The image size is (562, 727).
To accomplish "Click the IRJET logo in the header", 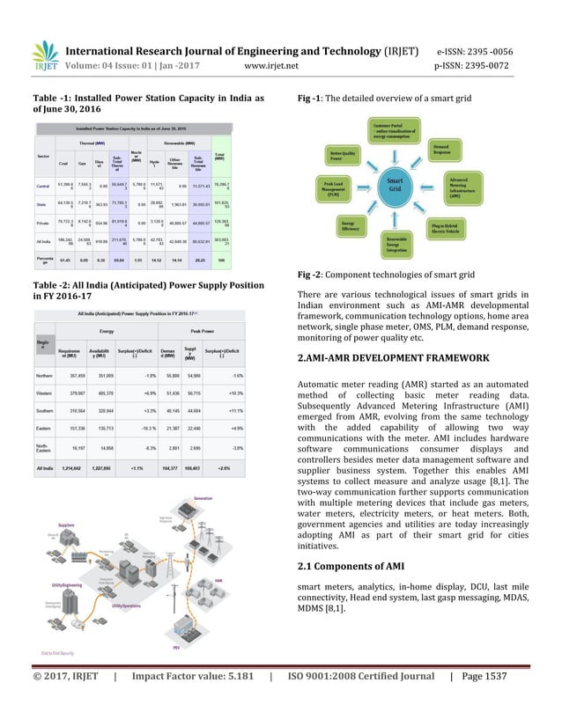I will (43, 55).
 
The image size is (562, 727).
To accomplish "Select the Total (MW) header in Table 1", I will (219, 157).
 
